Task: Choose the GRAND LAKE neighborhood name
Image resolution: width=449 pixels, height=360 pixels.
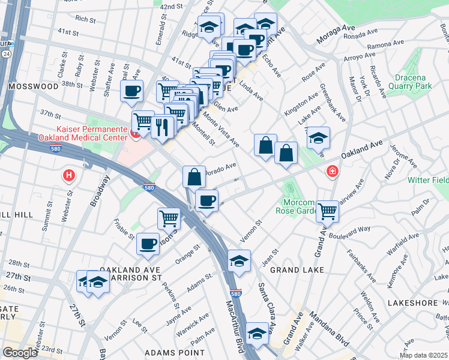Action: tap(297, 270)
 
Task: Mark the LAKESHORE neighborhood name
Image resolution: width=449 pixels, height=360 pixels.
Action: tap(414, 303)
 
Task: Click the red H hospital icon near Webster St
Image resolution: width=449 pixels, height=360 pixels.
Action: tap(70, 176)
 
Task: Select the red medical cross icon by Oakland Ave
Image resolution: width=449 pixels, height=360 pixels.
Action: tap(331, 173)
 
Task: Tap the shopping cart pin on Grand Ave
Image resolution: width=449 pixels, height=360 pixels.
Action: tap(327, 211)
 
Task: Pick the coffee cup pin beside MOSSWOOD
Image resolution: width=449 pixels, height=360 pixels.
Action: tap(131, 92)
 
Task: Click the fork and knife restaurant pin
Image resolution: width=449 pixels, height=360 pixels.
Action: tap(163, 127)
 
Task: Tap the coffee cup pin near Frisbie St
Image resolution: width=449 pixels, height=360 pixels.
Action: tap(148, 243)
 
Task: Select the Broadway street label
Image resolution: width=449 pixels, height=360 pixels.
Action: tap(100, 191)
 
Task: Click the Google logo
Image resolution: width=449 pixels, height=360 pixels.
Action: tap(19, 353)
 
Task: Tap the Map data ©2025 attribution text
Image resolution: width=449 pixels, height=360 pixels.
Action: tap(423, 355)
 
